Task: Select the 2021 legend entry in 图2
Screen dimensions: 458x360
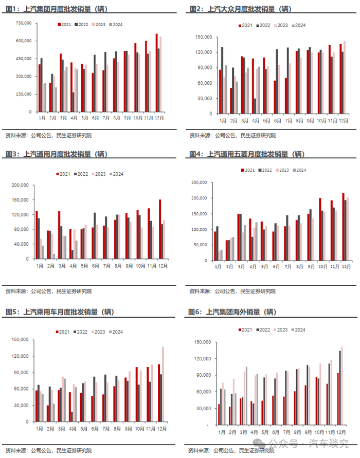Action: coord(246,25)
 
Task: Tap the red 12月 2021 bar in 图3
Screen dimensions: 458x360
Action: coord(160,229)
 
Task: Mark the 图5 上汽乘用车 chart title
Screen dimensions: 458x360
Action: coord(59,312)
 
